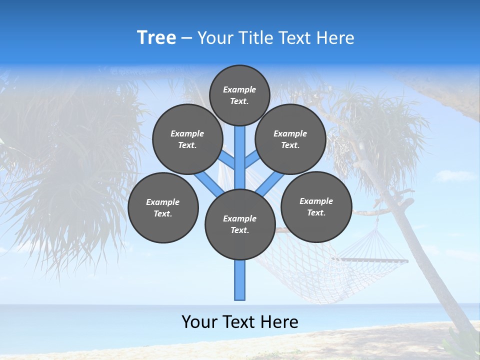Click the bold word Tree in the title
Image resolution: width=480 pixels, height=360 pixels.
[156, 38]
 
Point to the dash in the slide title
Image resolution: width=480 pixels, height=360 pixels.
[186, 38]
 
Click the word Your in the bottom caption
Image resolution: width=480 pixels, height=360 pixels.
[200, 322]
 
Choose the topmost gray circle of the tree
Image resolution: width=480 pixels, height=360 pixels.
[239, 95]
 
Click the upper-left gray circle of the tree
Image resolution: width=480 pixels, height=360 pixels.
[187, 139]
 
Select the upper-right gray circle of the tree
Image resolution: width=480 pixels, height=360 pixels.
[290, 139]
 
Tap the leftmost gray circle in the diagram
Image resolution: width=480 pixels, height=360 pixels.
[163, 207]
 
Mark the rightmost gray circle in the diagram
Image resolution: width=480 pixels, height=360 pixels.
[316, 206]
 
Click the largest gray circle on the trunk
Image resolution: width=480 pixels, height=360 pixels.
[240, 224]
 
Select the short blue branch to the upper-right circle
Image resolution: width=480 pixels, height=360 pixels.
[251, 160]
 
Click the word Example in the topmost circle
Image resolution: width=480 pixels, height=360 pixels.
[239, 89]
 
